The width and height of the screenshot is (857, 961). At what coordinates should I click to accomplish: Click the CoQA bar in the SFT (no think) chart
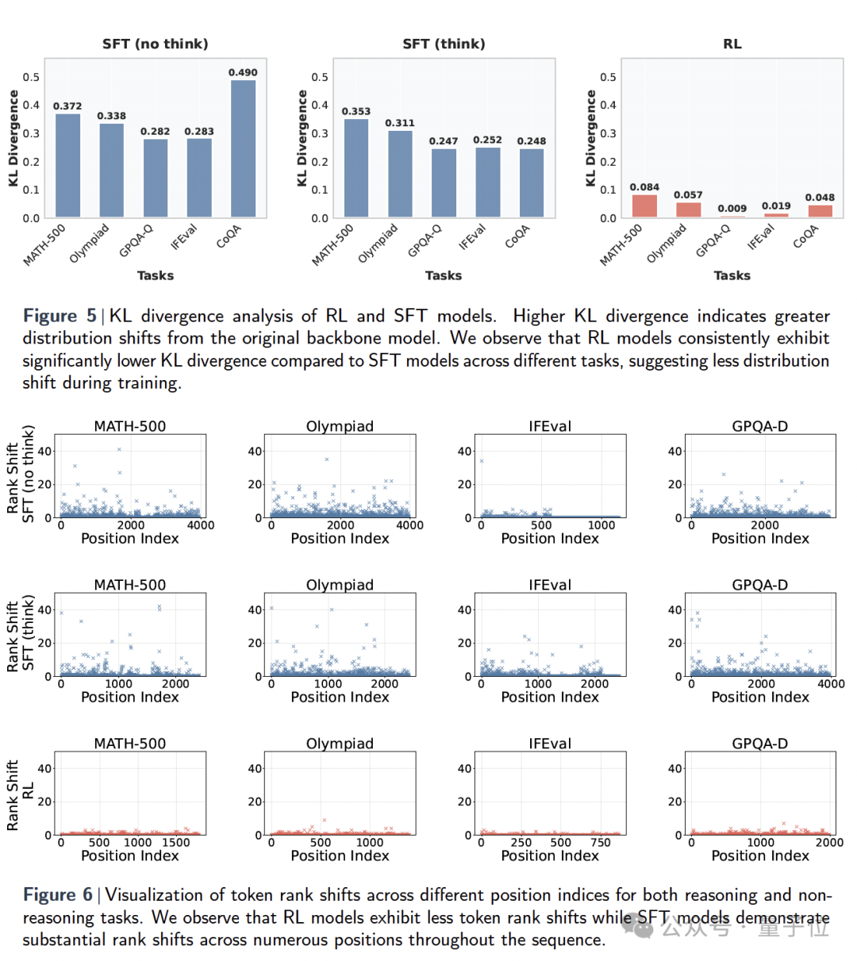point(243,148)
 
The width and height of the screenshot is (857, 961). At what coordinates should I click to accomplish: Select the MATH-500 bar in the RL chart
point(644,206)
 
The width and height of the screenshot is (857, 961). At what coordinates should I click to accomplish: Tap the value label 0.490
point(243,72)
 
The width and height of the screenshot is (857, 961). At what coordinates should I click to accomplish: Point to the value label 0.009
point(732,209)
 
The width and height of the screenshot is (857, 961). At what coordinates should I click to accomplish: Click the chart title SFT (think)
point(444,44)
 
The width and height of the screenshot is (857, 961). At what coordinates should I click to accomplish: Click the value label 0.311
point(400,123)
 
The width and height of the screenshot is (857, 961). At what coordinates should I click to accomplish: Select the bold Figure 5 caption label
point(60,316)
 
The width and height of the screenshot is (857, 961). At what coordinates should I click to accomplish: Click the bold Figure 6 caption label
point(58,895)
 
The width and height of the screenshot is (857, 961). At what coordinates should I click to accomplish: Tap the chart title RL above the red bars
point(732,44)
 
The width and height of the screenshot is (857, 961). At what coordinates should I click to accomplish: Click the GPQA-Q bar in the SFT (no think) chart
point(156,178)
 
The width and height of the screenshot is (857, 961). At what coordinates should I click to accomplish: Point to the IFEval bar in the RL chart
point(776,214)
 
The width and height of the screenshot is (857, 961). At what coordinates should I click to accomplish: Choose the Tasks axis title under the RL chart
point(732,275)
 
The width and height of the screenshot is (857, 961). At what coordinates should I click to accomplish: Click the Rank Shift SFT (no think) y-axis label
point(21,474)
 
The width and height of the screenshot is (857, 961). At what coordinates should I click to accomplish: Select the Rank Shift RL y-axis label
point(21,794)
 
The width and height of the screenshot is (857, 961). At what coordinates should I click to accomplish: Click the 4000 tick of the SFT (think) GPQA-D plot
point(830,684)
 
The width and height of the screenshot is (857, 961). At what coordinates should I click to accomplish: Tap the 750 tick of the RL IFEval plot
point(601,843)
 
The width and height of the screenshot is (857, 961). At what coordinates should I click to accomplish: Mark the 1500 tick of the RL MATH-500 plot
point(175,843)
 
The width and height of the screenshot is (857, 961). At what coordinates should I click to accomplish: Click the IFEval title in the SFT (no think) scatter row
point(550,426)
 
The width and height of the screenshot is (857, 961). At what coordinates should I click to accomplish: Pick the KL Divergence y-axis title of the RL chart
point(590,138)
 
